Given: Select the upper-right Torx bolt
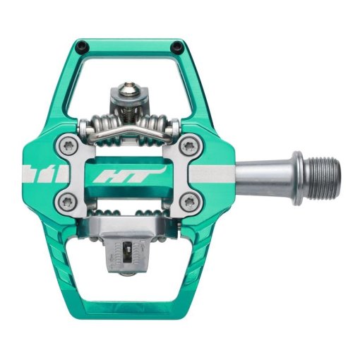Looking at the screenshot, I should [x=189, y=146].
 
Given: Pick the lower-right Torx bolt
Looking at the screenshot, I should [x=189, y=201].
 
